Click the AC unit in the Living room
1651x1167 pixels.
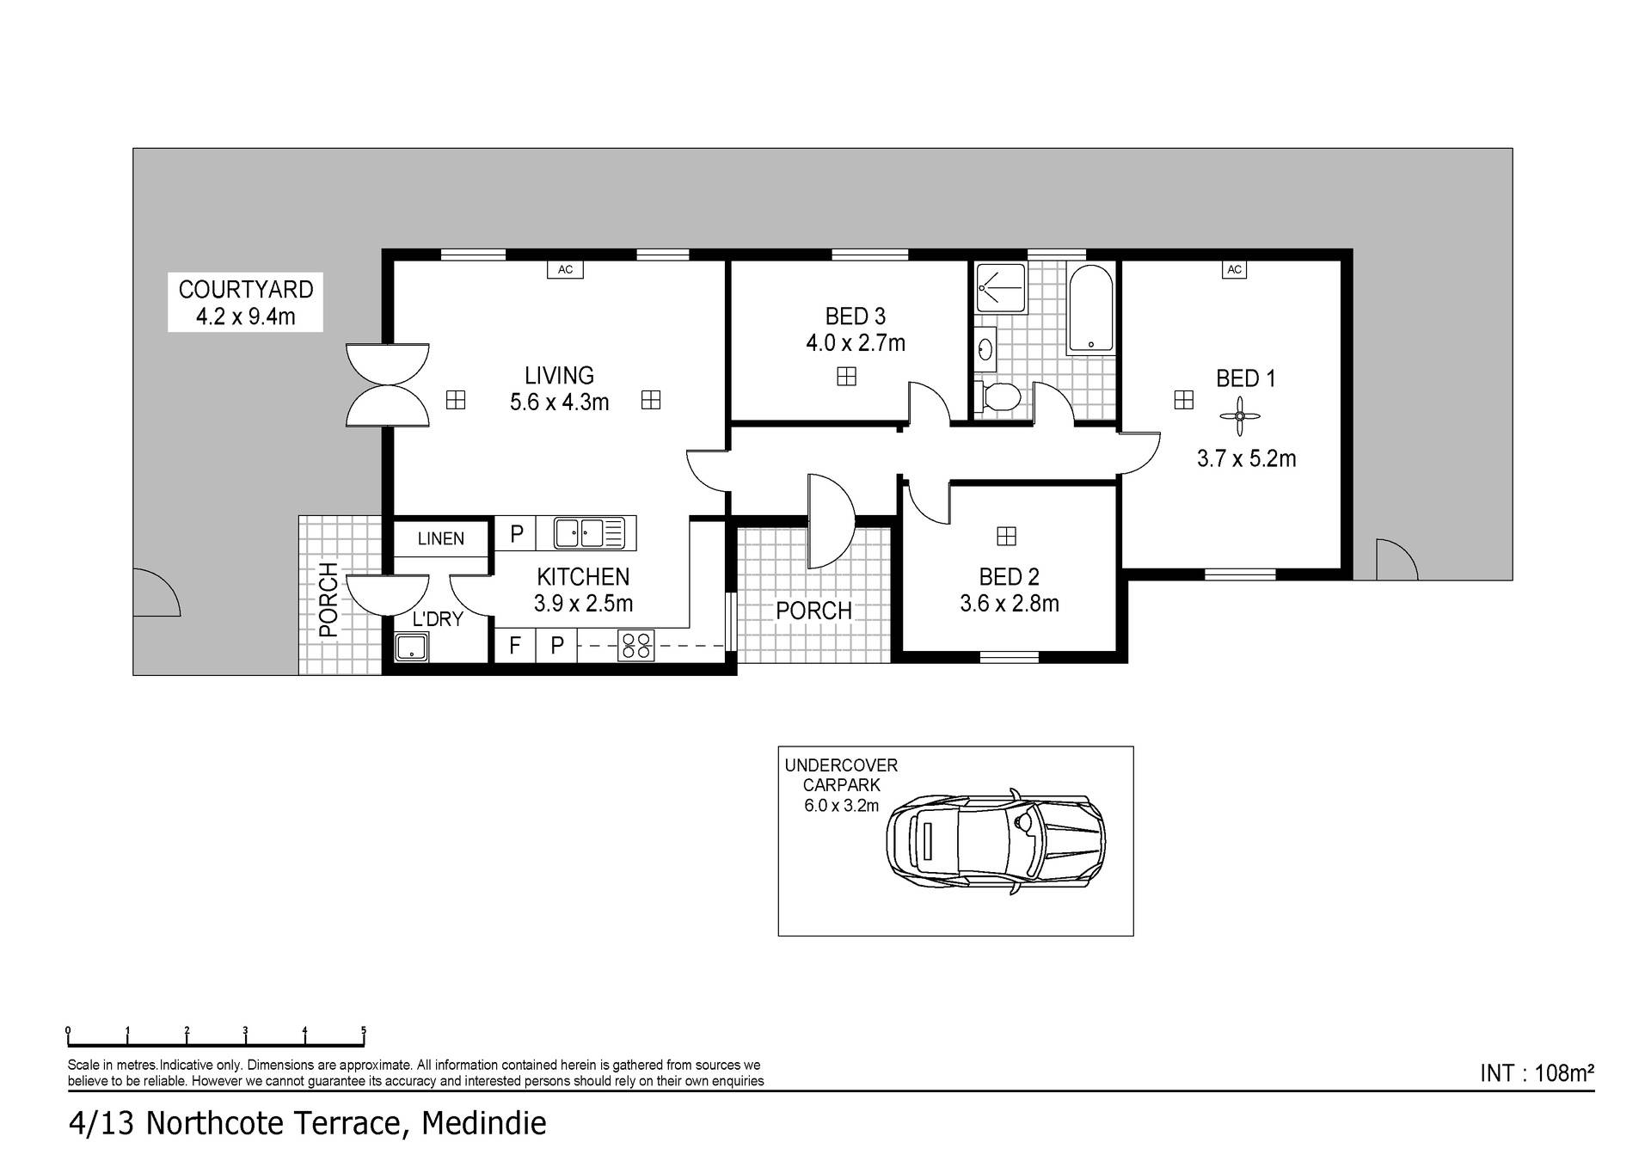pyautogui.click(x=565, y=270)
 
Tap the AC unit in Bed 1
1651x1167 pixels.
pyautogui.click(x=1234, y=270)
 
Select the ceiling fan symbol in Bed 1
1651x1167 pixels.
pyautogui.click(x=1239, y=417)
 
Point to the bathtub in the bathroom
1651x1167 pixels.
pyautogui.click(x=1090, y=309)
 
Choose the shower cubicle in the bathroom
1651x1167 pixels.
pyautogui.click(x=1001, y=287)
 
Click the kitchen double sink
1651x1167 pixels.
pyautogui.click(x=589, y=533)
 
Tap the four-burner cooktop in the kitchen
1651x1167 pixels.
pyautogui.click(x=636, y=645)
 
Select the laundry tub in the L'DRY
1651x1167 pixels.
pyautogui.click(x=412, y=647)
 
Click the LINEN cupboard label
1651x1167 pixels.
pyautogui.click(x=441, y=539)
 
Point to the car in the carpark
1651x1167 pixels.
pyautogui.click(x=996, y=841)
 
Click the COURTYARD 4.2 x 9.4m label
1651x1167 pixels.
pyautogui.click(x=246, y=303)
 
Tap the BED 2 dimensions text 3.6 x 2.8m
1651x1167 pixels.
pyautogui.click(x=1010, y=604)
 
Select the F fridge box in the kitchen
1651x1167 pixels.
pyautogui.click(x=515, y=645)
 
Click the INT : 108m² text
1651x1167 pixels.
pyautogui.click(x=1537, y=1073)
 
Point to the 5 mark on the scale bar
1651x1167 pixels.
pyautogui.click(x=364, y=1030)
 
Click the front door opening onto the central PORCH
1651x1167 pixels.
pyautogui.click(x=829, y=521)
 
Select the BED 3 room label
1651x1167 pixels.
pyautogui.click(x=855, y=316)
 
